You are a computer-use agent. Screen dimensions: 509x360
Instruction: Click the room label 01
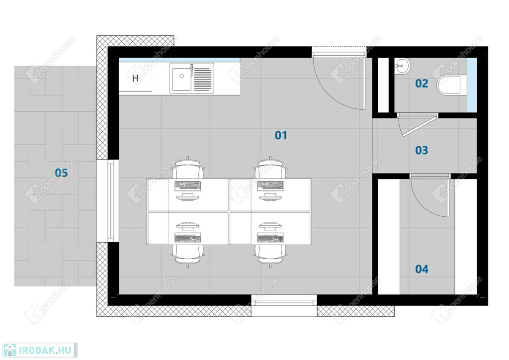281,135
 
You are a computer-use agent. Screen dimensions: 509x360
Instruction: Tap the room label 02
422,84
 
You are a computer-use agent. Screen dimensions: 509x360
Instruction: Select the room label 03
422,150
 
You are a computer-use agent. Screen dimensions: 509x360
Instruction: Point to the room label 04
422,269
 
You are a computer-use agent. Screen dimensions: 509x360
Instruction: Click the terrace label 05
61,173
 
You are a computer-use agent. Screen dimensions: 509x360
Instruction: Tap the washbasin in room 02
402,66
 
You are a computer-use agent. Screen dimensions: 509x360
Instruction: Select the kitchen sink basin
181,79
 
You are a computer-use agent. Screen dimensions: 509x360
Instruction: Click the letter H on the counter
135,78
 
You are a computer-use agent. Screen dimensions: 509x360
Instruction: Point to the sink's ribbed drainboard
203,79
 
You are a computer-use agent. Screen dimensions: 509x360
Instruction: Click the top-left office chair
188,168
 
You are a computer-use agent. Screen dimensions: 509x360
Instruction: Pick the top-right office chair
270,168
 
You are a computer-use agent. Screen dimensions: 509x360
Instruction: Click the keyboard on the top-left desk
187,185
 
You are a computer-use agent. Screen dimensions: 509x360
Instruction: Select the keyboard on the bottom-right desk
270,238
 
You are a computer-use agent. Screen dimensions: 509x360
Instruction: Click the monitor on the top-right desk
270,197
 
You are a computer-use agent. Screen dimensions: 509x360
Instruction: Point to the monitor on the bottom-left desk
187,226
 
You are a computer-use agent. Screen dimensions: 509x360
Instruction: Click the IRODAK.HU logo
40,350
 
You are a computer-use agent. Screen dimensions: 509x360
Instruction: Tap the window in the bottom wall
284,302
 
